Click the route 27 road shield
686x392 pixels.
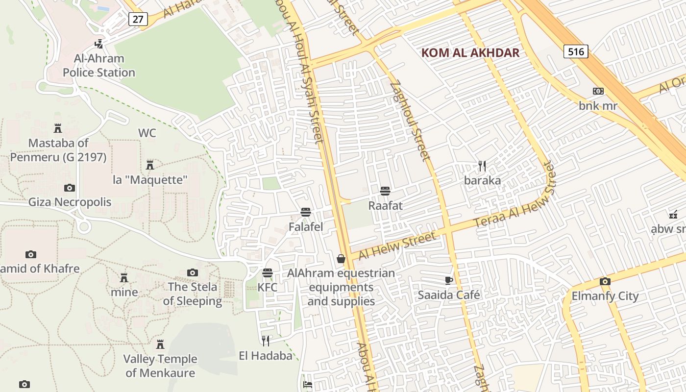tap(138, 19)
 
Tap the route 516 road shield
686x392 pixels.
tap(575, 51)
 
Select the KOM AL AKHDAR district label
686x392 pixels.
tap(470, 53)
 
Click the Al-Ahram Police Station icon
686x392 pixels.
tap(99, 44)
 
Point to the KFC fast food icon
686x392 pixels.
tap(268, 273)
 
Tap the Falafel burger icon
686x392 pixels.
tap(306, 212)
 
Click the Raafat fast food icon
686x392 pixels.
tap(385, 191)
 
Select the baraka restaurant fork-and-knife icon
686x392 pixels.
tap(482, 166)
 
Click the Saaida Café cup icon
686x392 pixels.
tap(448, 280)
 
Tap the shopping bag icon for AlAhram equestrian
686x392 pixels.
tap(341, 259)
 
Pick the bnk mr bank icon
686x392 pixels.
tap(598, 91)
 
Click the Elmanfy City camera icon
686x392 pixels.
tap(605, 281)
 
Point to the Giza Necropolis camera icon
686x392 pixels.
tap(70, 188)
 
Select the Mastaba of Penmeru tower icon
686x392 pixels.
tap(58, 128)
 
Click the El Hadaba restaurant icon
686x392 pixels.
tap(266, 341)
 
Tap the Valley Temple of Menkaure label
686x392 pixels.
tap(160, 366)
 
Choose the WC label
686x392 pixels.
tap(147, 133)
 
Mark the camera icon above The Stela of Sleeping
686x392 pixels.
tap(193, 272)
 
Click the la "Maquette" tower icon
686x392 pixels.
tap(150, 165)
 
